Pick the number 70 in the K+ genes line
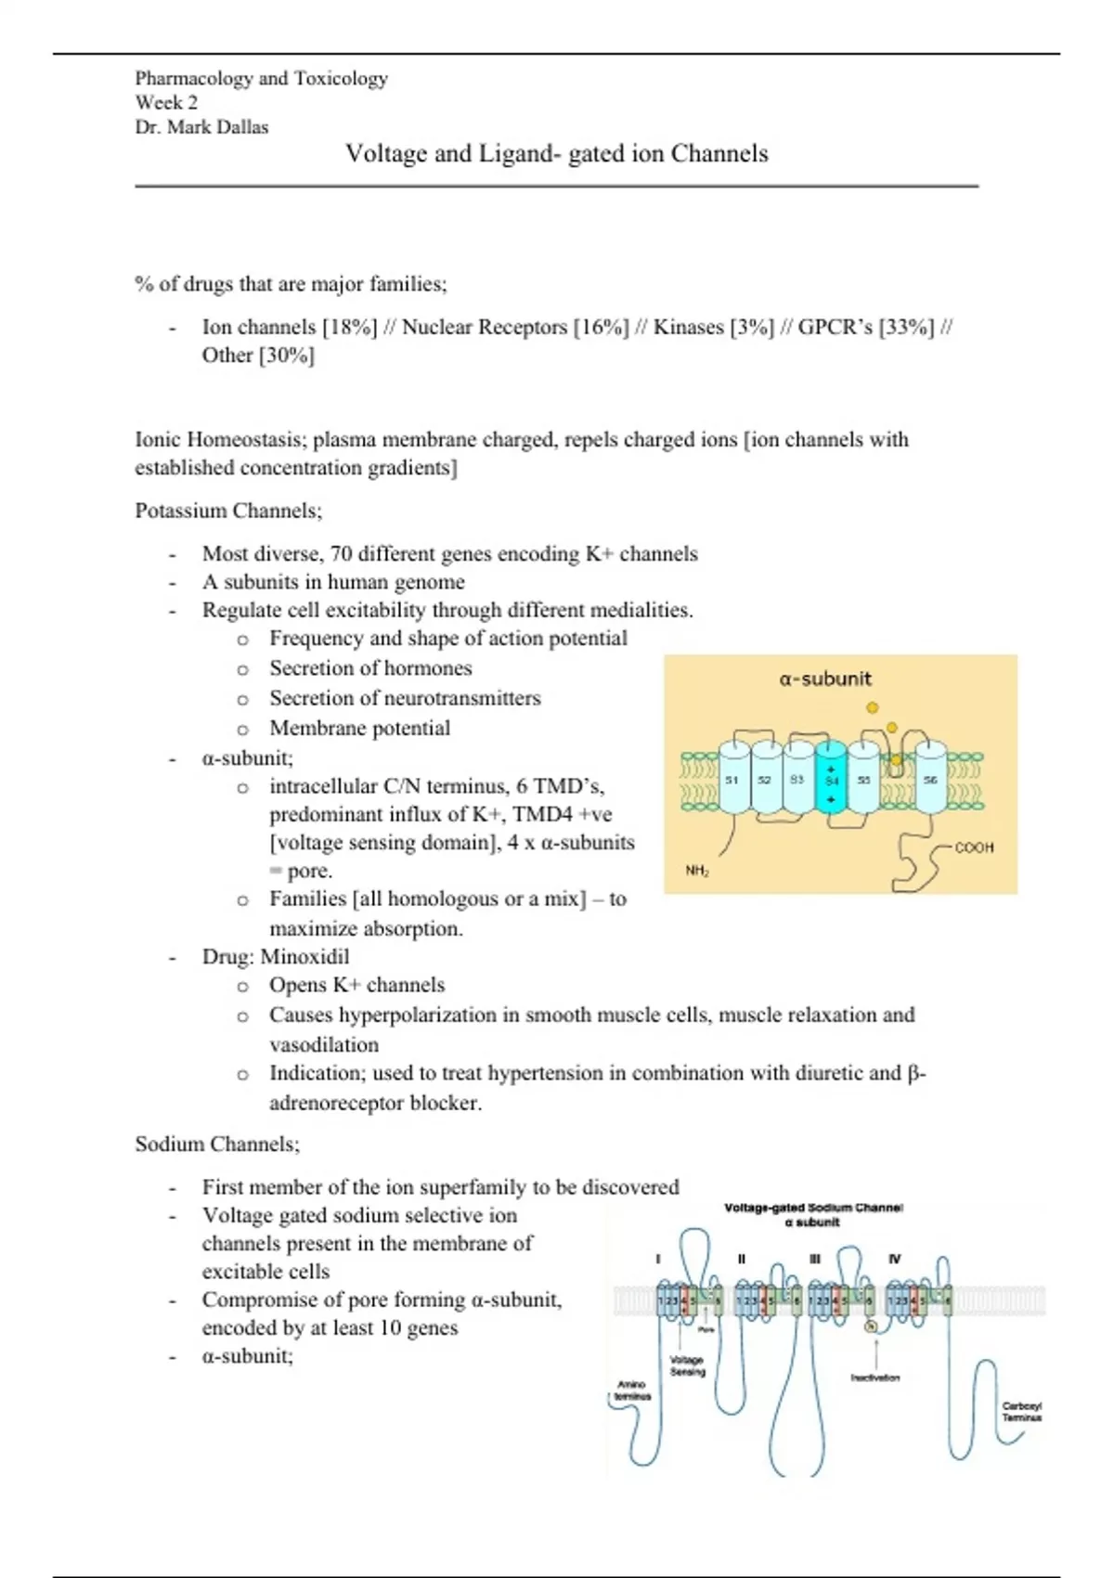tap(341, 554)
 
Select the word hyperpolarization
tap(417, 1015)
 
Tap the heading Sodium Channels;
tap(217, 1144)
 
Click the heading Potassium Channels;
tap(228, 511)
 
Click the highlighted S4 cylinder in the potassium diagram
tap(831, 780)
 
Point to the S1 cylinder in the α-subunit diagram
tap(732, 780)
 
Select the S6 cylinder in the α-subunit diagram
tap(930, 780)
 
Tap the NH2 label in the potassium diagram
tap(697, 871)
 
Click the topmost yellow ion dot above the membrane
tap(872, 707)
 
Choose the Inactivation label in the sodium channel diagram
tap(875, 1378)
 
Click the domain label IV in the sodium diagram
tap(894, 1259)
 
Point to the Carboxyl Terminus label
tap(1022, 1412)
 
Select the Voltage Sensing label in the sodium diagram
tap(688, 1365)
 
